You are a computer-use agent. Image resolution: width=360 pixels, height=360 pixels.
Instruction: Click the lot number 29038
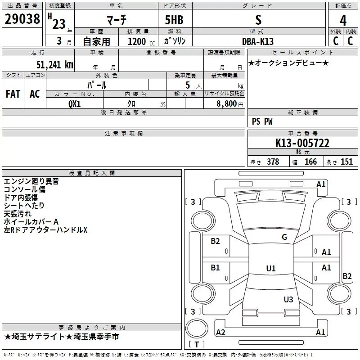click(x=22, y=19)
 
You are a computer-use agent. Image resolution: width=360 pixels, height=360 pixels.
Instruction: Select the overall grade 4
click(x=343, y=21)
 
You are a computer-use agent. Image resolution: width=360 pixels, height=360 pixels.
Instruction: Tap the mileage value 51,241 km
click(x=55, y=65)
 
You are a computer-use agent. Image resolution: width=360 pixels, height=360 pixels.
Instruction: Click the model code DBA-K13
click(x=258, y=41)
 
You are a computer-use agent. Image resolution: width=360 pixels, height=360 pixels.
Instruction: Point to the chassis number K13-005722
click(x=302, y=143)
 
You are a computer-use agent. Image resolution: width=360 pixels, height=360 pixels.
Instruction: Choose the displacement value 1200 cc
click(x=141, y=41)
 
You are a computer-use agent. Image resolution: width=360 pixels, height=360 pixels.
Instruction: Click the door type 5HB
click(x=174, y=20)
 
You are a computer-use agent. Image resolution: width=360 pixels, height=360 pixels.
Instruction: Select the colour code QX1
click(x=74, y=104)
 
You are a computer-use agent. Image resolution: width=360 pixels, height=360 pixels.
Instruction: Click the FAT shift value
click(x=13, y=94)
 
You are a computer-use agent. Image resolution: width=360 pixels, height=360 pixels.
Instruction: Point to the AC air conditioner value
click(x=35, y=94)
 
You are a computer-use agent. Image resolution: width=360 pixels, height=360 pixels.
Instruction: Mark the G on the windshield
click(x=284, y=237)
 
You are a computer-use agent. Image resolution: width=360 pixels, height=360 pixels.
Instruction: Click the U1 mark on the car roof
click(x=271, y=268)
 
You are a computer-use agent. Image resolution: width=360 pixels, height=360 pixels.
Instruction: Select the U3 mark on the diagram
click(x=288, y=299)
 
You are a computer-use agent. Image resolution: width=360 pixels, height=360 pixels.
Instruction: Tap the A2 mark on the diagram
click(x=220, y=332)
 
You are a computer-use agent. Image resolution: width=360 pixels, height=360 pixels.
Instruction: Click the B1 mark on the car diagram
click(x=215, y=267)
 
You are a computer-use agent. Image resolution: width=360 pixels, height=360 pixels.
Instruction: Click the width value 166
click(x=310, y=162)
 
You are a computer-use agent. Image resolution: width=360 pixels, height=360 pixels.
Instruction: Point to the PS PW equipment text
click(x=262, y=121)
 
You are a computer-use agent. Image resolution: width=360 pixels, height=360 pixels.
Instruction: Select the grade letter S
click(x=258, y=20)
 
